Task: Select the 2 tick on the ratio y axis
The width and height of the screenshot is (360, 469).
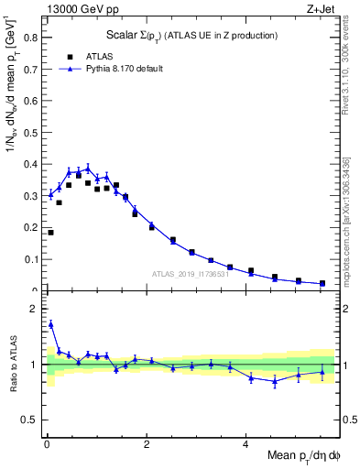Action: [38, 309]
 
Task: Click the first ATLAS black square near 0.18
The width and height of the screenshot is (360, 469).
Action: [50, 233]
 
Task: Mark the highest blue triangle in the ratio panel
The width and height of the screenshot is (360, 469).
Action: [50, 324]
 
